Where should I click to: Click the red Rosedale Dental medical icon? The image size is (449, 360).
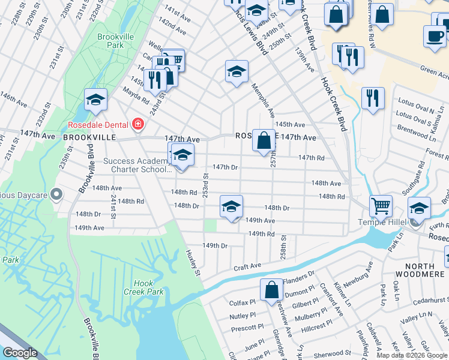(138, 125)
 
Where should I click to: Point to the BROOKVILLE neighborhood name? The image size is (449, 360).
(88, 137)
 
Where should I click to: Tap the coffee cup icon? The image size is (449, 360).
(434, 35)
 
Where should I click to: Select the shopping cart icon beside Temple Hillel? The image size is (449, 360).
(381, 206)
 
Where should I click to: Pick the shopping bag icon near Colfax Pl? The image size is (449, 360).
(271, 290)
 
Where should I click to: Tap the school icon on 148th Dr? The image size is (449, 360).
(231, 206)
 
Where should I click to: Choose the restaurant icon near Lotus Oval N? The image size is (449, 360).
(373, 98)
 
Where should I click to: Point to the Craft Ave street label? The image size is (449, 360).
(247, 266)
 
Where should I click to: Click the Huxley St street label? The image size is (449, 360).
(193, 263)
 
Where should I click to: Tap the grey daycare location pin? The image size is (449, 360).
(57, 194)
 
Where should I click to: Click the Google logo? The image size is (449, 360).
(19, 353)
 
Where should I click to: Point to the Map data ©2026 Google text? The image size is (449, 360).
(411, 355)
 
